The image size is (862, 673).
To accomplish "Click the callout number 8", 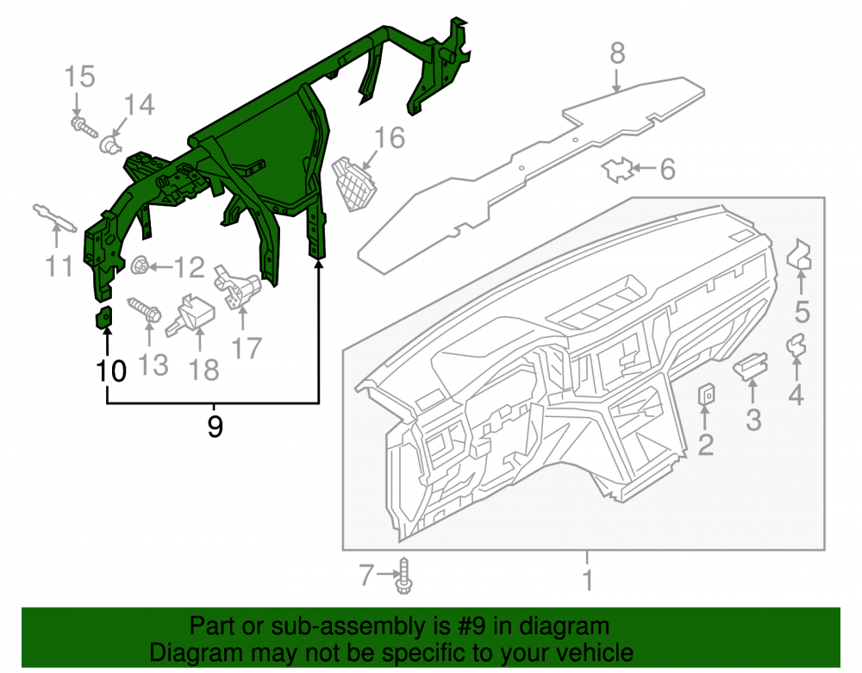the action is pos(617,53).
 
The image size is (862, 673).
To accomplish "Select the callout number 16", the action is pos(390,138).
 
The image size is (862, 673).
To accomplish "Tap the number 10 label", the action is pos(111,371).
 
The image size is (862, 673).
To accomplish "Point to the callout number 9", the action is pos(215,426).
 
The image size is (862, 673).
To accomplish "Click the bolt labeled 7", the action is pos(404,576).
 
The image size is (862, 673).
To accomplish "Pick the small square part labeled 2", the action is pos(707,395).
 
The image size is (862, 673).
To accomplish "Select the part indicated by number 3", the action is pos(751,365).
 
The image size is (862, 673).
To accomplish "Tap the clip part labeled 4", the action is pos(796,346).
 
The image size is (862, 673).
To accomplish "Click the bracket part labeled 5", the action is pos(799,255).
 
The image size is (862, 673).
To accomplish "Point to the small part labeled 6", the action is pos(617,170).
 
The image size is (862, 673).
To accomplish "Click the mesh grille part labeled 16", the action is pos(354,184).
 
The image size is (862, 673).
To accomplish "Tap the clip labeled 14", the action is pos(110,145).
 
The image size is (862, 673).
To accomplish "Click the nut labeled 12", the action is pos(140,266).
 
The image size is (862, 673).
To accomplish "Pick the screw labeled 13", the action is pos(145,310).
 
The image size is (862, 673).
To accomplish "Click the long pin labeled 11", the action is pos(54,218).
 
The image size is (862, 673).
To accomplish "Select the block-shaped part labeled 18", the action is pos(191,315).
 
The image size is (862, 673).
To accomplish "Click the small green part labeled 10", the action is pos(104,317).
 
